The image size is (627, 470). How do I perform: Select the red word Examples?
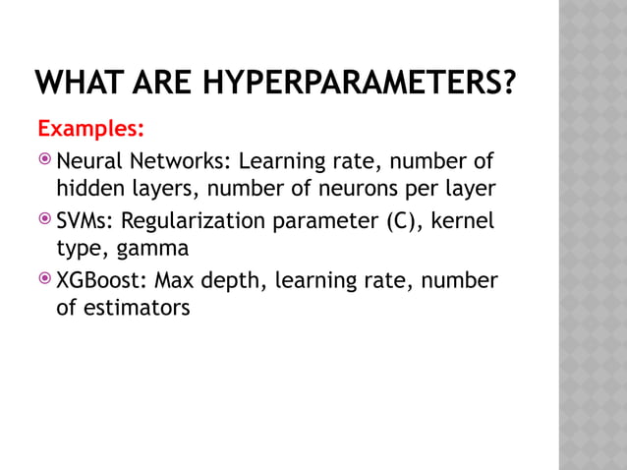click(90, 130)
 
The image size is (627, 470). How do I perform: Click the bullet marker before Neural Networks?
click(45, 160)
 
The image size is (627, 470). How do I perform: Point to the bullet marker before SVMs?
click(45, 220)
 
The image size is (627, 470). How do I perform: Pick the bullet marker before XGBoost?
click(45, 281)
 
